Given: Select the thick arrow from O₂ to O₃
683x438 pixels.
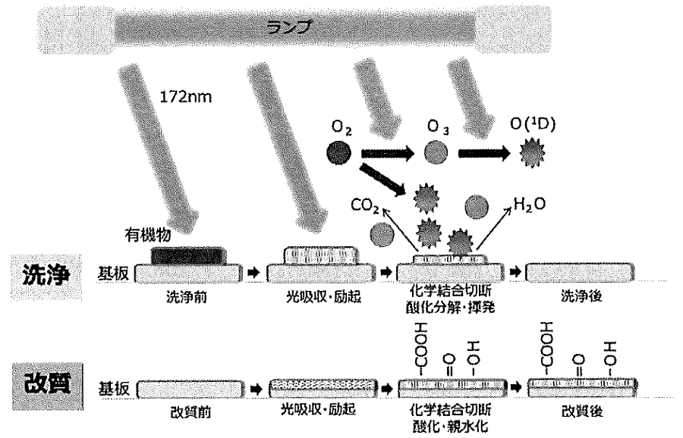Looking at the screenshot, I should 388,153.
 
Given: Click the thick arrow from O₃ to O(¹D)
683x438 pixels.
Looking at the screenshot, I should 484,153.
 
